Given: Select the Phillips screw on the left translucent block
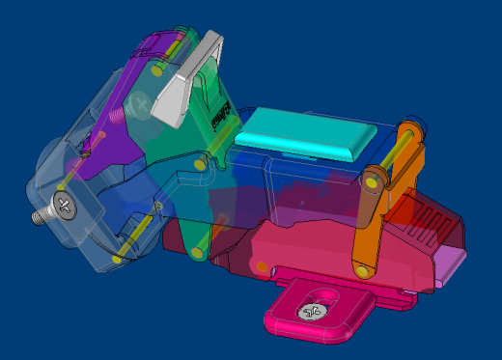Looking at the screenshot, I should (x=65, y=205).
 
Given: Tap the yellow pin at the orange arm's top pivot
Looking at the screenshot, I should (x=373, y=180).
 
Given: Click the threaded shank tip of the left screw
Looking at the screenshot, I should (x=37, y=217).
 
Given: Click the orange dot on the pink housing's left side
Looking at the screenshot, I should (x=261, y=266).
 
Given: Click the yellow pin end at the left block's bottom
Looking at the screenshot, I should (x=117, y=259).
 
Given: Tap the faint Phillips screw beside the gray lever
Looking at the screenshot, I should (x=142, y=99).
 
